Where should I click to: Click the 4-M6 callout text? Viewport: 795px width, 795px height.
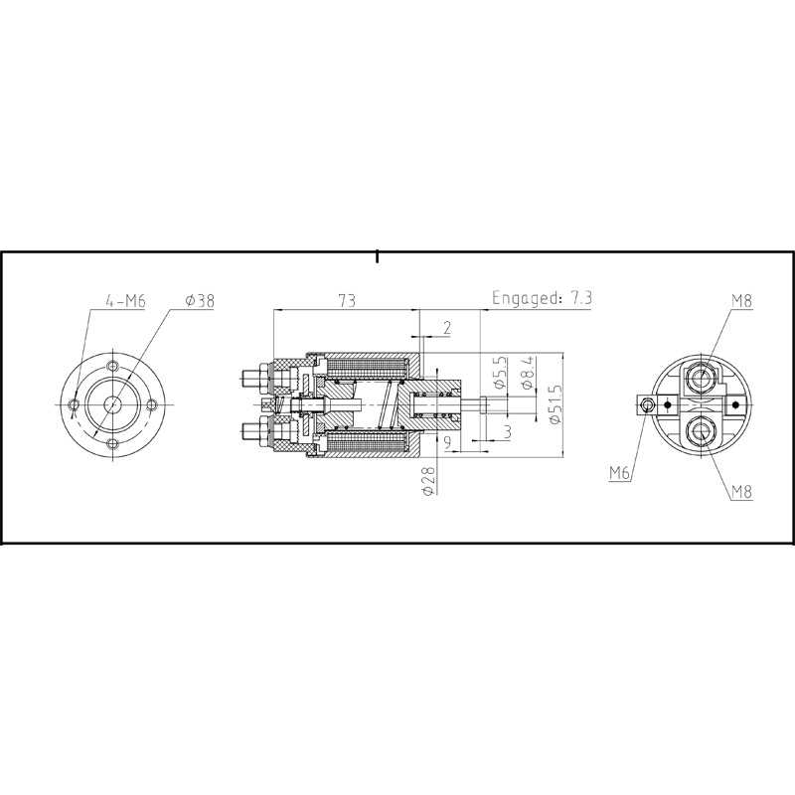coord(125,300)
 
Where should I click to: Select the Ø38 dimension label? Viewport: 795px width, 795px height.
coord(200,300)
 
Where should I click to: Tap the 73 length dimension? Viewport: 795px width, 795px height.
coord(348,299)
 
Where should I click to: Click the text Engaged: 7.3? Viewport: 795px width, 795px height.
coord(544,298)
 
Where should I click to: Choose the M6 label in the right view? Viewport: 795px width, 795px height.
coord(620,473)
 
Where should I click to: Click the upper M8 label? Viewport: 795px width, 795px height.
coord(741,299)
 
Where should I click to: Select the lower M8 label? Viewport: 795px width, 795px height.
coord(741,491)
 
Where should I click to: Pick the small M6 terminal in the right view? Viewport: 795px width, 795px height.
coord(648,404)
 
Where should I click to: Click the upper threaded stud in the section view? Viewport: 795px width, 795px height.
coord(251,378)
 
